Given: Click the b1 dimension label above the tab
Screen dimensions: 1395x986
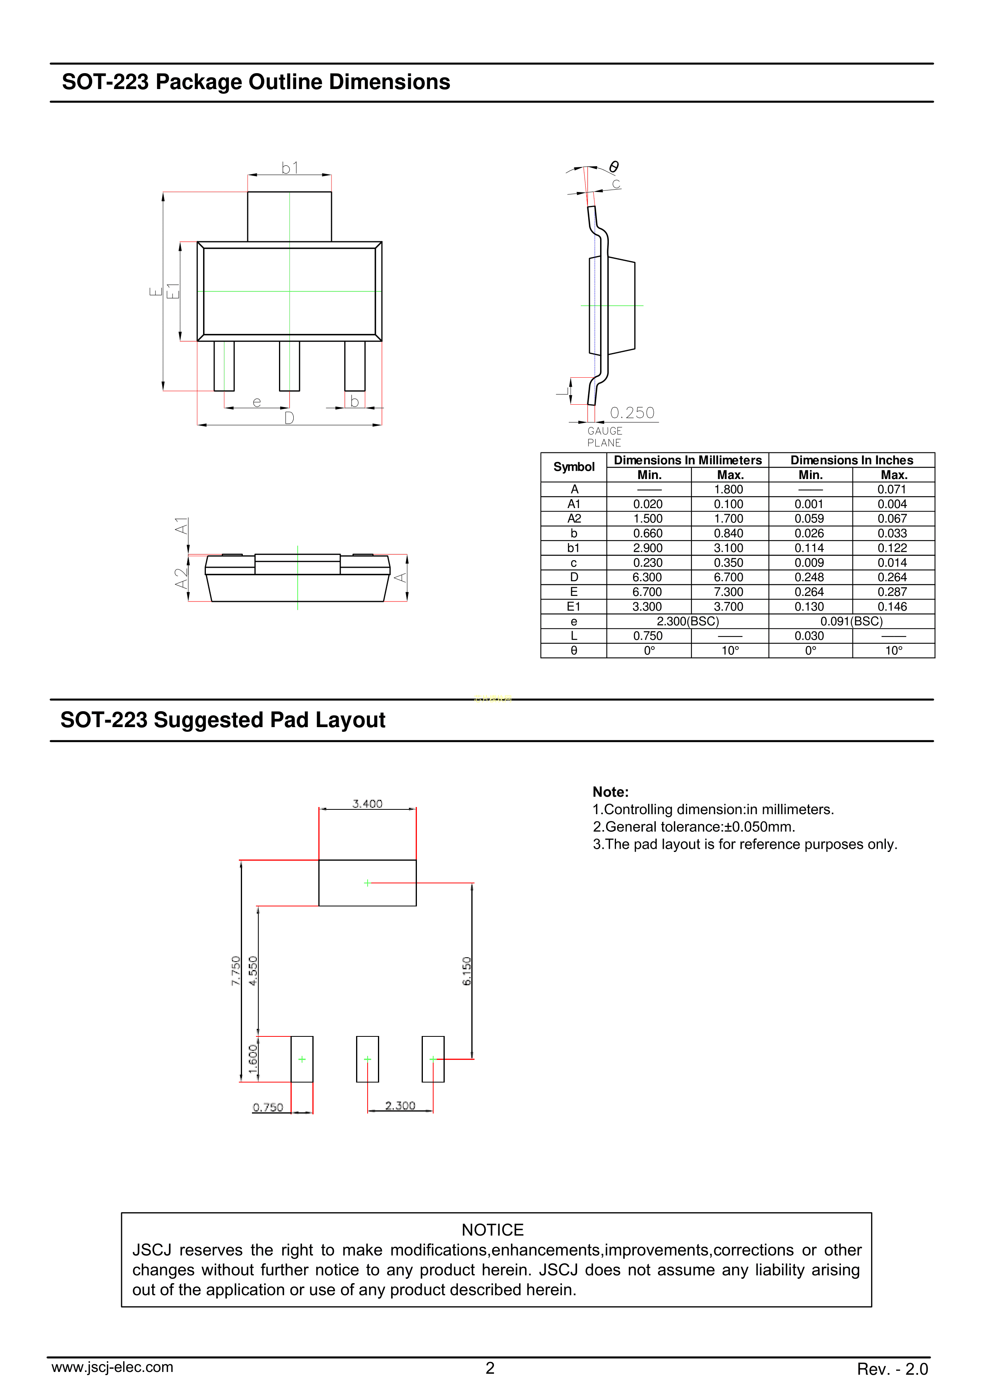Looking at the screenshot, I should pos(290,168).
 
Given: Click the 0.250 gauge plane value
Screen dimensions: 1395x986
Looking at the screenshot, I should pos(632,413).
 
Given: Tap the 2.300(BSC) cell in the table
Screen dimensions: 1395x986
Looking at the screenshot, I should pos(688,621).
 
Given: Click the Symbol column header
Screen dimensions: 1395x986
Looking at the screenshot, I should pos(573,467).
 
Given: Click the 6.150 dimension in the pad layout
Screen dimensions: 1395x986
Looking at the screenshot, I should pos(467,971).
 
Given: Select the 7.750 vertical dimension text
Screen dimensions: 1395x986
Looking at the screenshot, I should pos(236,970).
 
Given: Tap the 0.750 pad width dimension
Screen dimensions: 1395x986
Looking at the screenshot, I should pos(268,1108).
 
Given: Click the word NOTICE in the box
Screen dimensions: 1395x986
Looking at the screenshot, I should pos(493,1230).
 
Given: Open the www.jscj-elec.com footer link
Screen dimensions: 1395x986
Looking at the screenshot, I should pos(112,1367).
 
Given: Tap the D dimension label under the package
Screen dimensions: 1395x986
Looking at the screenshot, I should pos(289,418).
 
